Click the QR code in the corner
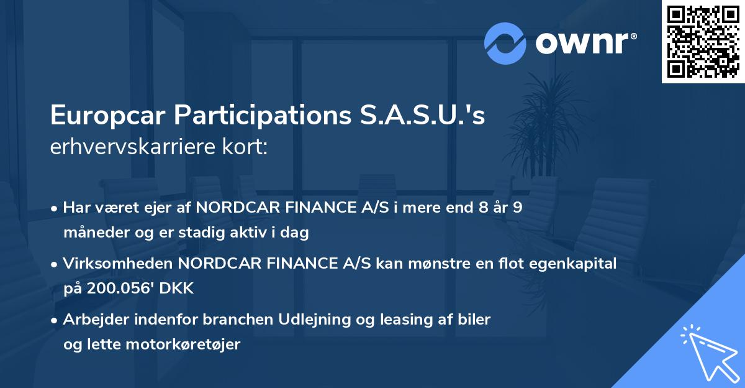703,42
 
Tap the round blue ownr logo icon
505,44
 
